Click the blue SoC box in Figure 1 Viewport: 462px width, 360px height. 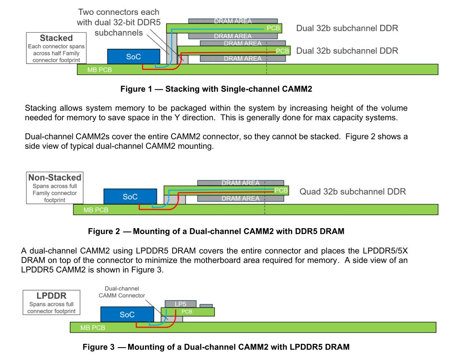[133, 56]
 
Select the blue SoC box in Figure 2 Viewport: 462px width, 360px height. [130, 196]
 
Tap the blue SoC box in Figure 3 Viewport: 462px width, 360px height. [127, 315]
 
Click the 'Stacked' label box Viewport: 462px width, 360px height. [56, 48]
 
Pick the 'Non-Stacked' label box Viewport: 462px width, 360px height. [55, 188]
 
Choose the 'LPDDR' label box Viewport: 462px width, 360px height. [52, 302]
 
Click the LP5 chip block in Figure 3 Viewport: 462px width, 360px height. [181, 304]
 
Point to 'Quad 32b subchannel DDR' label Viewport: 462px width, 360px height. [352, 191]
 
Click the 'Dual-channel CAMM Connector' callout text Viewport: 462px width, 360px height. [121, 292]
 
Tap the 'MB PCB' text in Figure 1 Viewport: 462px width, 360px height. [99, 70]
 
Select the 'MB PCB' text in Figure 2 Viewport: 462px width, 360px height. [96, 210]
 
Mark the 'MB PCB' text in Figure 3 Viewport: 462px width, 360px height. [93, 328]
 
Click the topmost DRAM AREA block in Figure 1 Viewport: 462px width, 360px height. [233, 21]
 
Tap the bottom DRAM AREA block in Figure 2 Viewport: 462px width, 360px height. [241, 198]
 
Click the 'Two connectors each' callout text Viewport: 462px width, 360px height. [119, 12]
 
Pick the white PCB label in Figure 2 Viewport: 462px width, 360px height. [281, 191]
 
